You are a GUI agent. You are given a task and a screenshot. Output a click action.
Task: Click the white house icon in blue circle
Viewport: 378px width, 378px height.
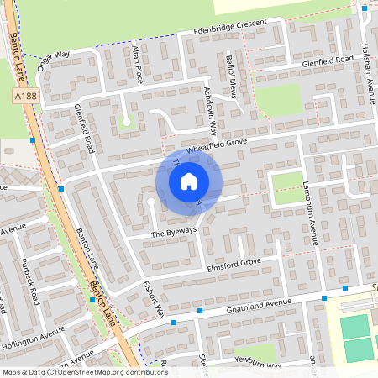(189, 181)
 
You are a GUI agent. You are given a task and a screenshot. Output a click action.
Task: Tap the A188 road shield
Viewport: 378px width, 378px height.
(25, 97)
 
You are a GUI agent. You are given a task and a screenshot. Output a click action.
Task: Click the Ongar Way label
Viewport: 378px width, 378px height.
(55, 60)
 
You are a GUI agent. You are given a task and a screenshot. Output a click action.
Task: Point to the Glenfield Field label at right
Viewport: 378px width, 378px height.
(330, 61)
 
